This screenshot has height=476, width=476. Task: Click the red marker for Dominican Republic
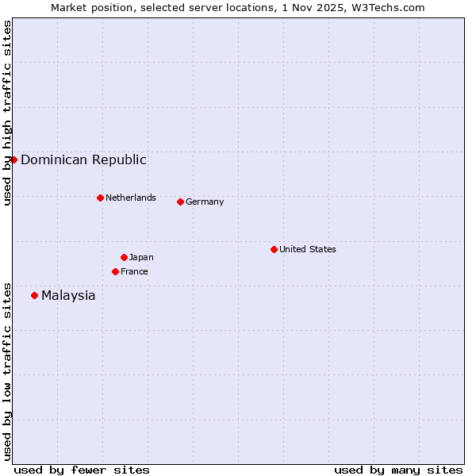pos(13,159)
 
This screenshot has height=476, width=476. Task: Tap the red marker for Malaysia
pos(34,295)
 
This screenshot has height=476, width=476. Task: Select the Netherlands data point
pos(100,198)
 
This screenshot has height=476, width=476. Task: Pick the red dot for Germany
pos(180,202)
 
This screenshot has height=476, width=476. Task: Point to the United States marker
pos(274,249)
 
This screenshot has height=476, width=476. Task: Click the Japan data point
pos(124,257)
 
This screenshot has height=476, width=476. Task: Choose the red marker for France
pos(115,271)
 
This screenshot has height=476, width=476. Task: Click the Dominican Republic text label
pos(83,159)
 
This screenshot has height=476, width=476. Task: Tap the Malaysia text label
pos(68,296)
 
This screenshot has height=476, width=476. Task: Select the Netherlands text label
pos(130,198)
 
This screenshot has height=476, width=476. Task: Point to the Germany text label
pos(205,202)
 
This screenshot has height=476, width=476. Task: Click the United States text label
pos(307,249)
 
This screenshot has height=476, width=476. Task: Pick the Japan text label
pos(141,257)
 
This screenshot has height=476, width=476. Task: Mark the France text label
pos(134,271)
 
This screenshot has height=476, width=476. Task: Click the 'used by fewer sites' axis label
pos(82,470)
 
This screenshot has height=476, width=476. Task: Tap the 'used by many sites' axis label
pos(398,470)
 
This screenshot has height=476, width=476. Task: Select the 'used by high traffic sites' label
pos(7,113)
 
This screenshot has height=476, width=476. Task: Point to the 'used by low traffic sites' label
pos(7,371)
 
